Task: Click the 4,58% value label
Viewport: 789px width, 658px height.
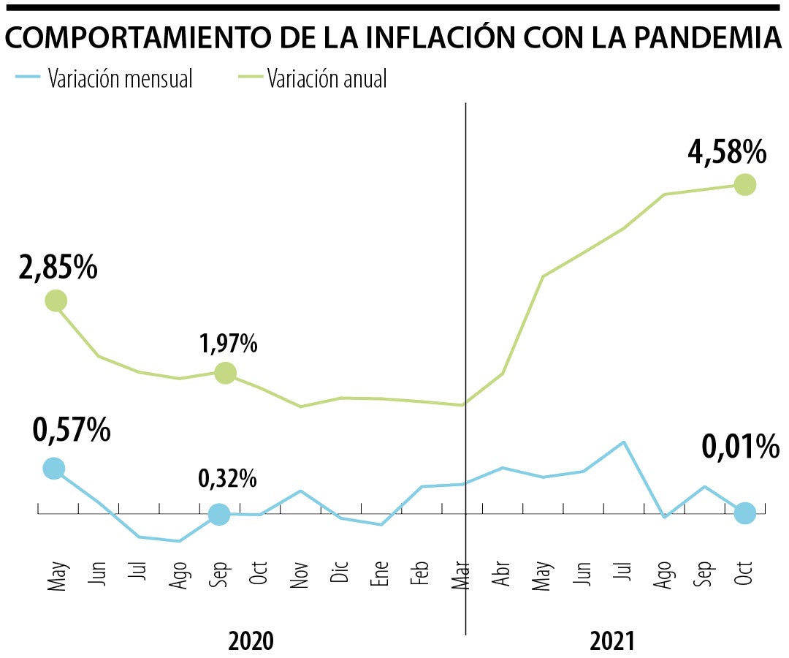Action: [727, 153]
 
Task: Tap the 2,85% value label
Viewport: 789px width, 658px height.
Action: [58, 268]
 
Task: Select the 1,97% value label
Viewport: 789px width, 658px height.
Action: [228, 343]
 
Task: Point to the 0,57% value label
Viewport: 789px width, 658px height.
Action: [72, 430]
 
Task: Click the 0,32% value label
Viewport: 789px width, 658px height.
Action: [227, 479]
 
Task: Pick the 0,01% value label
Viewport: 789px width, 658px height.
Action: [740, 446]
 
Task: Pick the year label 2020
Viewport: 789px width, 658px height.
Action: [251, 641]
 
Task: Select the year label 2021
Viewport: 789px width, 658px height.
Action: [612, 641]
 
